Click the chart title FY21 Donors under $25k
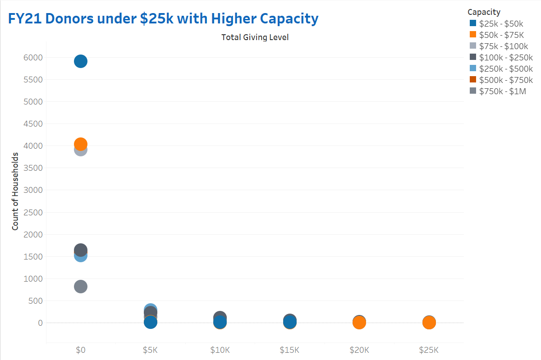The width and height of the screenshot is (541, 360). pos(163,18)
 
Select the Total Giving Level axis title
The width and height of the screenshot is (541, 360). pos(255,37)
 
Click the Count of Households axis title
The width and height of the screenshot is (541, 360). pos(15,191)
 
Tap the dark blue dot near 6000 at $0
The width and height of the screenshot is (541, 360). pos(80,61)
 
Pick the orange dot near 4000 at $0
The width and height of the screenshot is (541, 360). pos(80,144)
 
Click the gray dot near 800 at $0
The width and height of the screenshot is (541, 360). pos(80,287)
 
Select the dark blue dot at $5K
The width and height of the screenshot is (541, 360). pos(151,322)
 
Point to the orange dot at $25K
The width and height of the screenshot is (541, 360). pos(429,323)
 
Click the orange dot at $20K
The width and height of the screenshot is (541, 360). pos(359,323)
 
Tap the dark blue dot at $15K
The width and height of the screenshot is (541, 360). pos(290,322)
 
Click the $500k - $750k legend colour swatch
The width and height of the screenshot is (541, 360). pos(473,80)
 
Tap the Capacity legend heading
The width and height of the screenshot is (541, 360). pos(484,12)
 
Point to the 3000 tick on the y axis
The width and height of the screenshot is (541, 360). pos(33,190)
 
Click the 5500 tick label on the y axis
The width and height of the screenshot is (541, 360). pos(33,80)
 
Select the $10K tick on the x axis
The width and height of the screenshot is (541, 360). pos(220,350)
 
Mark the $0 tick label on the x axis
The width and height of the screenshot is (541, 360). pos(80,350)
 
